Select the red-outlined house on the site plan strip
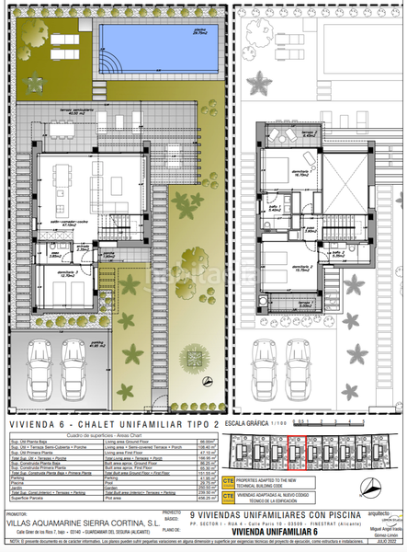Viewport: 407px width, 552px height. pyautogui.click(x=297, y=454)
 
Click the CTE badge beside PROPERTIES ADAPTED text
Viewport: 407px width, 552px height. pyautogui.click(x=228, y=481)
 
